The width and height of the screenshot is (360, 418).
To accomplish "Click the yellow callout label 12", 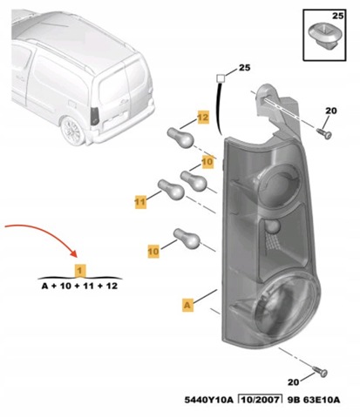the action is coord(203,118).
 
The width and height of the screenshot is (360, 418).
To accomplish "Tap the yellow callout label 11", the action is coord(140,202).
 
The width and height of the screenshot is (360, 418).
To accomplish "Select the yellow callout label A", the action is coord(187,305).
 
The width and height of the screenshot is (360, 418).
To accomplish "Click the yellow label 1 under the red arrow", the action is coord(80,271).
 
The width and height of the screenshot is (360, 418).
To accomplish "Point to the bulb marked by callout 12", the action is coord(180,138).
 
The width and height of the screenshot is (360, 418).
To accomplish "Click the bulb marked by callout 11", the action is coord(171,190).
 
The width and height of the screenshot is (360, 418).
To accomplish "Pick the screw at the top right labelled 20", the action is coord(324,133).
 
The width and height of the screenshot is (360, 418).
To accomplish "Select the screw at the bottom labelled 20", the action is coord(321,371).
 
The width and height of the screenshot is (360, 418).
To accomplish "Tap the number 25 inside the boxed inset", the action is coord(338,16).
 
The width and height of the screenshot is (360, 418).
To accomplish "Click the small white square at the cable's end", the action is coord(221,78).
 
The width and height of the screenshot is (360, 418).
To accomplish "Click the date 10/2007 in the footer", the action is coord(261,400).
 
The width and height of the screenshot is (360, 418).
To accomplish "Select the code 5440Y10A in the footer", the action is coord(209,400).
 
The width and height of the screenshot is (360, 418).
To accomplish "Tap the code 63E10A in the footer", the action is coord(322,400).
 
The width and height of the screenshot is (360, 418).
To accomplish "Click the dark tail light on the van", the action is coord(95,116).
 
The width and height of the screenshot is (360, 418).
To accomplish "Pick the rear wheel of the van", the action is coord(72,131).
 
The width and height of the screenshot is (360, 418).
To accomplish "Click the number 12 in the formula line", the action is coord(112,287).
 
